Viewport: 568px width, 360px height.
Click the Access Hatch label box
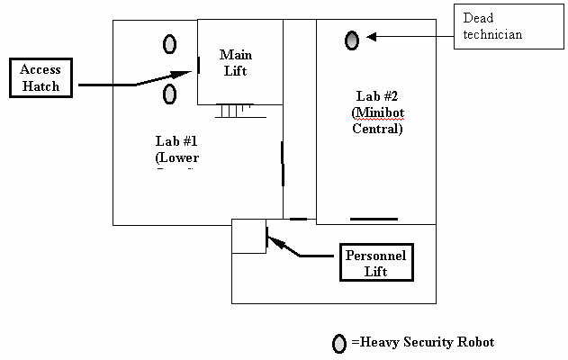click(x=41, y=79)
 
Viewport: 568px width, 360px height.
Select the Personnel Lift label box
click(x=376, y=263)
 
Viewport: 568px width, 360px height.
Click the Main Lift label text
click(x=234, y=63)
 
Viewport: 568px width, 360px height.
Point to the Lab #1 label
click(x=176, y=149)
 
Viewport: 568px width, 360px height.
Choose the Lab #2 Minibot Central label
click(x=376, y=112)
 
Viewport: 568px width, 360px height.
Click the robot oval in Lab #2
click(x=352, y=40)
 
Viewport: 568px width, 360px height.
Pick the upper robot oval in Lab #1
click(x=169, y=43)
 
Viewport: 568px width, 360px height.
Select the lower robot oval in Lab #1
click(x=169, y=94)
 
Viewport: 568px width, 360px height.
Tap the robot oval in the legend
click(x=339, y=343)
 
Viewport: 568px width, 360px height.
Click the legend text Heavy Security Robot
click(x=423, y=342)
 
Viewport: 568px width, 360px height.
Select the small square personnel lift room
click(x=249, y=236)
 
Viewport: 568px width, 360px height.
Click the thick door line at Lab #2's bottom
click(x=373, y=219)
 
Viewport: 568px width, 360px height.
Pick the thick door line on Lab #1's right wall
click(x=283, y=162)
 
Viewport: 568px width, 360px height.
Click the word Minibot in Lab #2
click(x=377, y=112)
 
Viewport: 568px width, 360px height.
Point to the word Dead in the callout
click(x=480, y=18)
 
